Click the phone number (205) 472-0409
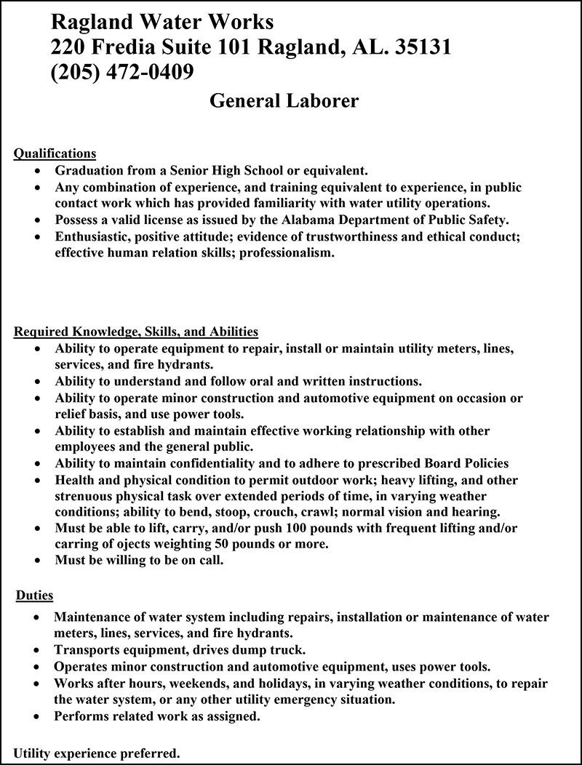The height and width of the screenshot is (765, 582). pyautogui.click(x=121, y=72)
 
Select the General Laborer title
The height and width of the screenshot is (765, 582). pyautogui.click(x=284, y=100)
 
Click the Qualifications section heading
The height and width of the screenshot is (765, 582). pyautogui.click(x=55, y=153)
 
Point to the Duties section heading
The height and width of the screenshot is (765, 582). pyautogui.click(x=35, y=596)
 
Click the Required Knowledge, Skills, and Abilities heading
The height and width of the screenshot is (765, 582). pyautogui.click(x=136, y=332)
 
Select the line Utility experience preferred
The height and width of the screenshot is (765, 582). pyautogui.click(x=97, y=753)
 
